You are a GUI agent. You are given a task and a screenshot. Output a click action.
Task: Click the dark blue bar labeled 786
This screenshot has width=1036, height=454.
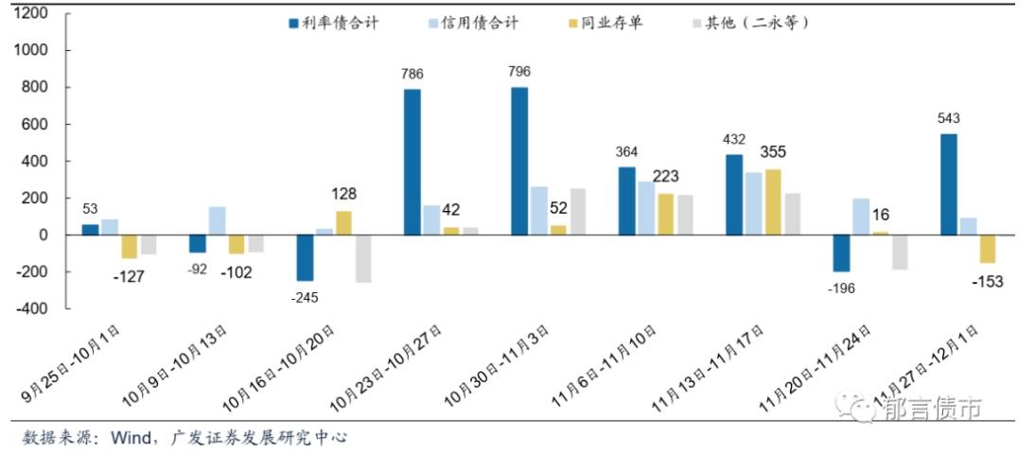pyautogui.click(x=412, y=162)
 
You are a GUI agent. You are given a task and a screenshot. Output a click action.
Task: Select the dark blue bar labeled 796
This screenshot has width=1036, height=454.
pyautogui.click(x=519, y=161)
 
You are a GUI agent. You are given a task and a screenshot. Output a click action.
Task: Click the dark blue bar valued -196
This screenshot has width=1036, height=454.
pyautogui.click(x=841, y=253)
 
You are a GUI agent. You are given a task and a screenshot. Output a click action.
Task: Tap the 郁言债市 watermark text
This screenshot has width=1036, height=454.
pyautogui.click(x=933, y=409)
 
